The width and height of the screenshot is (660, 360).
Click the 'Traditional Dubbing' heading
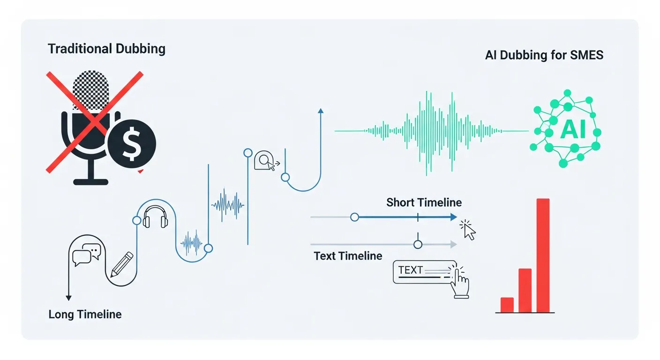coord(106,49)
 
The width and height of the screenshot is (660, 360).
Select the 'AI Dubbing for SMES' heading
coord(544,55)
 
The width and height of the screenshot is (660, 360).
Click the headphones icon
coord(155,217)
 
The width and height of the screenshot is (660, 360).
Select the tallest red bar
coord(543,255)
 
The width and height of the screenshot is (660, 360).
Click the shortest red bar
coord(507,305)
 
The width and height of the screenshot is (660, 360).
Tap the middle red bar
coord(525,290)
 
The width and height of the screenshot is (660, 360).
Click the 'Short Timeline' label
coord(424,202)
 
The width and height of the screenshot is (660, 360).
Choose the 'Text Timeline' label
coord(348,256)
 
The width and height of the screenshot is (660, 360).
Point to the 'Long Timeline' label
coord(85,314)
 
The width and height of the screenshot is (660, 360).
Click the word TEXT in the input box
coord(410,270)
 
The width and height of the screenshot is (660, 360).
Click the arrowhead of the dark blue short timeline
coord(453,217)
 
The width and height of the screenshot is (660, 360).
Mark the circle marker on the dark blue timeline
coord(355,217)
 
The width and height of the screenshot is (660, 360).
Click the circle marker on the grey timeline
coord(418,244)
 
